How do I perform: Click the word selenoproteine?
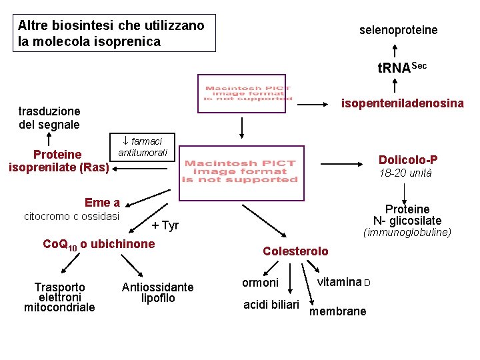pos(398,30)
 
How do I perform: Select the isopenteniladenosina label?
pos(402,103)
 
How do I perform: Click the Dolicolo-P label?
pos(408,160)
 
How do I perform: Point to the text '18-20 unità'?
pos(405,173)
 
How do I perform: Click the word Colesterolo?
pos(295,251)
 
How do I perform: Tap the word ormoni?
pos(260,283)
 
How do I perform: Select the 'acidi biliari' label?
pos(271,305)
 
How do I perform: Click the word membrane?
pos(338,311)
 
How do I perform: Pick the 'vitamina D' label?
pos(343,282)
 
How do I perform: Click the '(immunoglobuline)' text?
pos(407,233)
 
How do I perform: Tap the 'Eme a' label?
pos(102,203)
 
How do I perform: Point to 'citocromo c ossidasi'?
pos(71,216)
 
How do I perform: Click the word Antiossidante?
pos(157,287)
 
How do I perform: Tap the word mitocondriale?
pos(59,307)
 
